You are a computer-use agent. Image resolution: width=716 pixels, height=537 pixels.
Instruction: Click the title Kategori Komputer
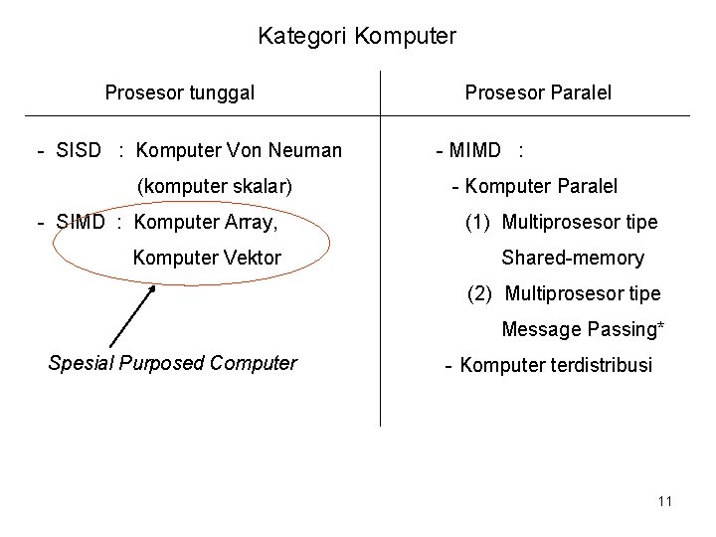[357, 37]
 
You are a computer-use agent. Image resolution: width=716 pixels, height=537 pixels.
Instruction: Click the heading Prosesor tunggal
[180, 93]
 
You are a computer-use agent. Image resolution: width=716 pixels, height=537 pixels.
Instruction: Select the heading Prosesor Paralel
[538, 93]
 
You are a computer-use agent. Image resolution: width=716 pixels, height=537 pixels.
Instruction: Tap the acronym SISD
[81, 151]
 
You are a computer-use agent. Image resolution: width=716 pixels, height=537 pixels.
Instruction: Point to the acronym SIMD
[80, 221]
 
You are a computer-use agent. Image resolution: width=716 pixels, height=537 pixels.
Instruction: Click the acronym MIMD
[475, 151]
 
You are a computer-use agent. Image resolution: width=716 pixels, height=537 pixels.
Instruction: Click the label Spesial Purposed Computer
[172, 363]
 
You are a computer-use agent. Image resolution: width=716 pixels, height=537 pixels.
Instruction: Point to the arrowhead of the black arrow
[154, 288]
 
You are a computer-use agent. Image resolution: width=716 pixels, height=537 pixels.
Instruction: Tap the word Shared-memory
[573, 258]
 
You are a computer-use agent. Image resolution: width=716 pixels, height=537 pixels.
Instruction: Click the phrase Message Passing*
[583, 329]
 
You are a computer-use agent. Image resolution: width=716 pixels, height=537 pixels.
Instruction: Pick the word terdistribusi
[598, 365]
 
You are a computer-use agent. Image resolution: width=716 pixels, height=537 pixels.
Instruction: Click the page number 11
[665, 501]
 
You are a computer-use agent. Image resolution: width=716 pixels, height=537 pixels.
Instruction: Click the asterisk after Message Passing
[661, 325]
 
